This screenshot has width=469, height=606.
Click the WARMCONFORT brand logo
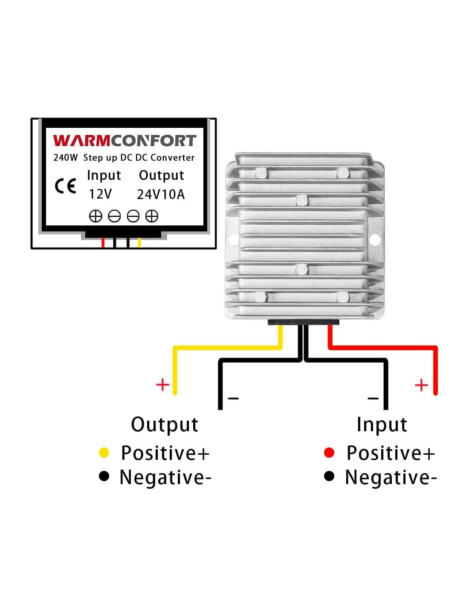[x=124, y=141]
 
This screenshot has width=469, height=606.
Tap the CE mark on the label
[x=65, y=186]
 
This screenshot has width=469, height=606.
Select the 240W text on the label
[x=65, y=158]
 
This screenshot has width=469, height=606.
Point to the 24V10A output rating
[x=161, y=194]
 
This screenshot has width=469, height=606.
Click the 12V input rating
[x=100, y=194]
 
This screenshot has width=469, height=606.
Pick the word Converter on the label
[x=172, y=158]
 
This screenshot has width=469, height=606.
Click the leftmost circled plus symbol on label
[x=96, y=216]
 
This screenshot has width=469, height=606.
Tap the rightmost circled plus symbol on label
[x=152, y=216]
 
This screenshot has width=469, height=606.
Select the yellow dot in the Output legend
[x=104, y=453]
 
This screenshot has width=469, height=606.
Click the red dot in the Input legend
[x=329, y=453]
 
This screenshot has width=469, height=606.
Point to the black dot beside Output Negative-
[x=104, y=476]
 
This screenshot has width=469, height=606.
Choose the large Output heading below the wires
[x=165, y=424]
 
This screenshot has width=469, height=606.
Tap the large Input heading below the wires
[x=382, y=424]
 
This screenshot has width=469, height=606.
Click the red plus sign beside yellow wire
[x=162, y=385]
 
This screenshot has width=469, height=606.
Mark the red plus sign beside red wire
[x=421, y=385]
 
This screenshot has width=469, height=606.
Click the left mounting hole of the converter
[x=233, y=240]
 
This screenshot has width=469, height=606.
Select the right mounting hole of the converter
[x=375, y=240]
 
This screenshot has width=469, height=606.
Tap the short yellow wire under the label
[x=139, y=242]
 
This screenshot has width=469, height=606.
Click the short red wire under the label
[x=103, y=242]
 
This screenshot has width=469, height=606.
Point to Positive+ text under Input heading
[x=390, y=453]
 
